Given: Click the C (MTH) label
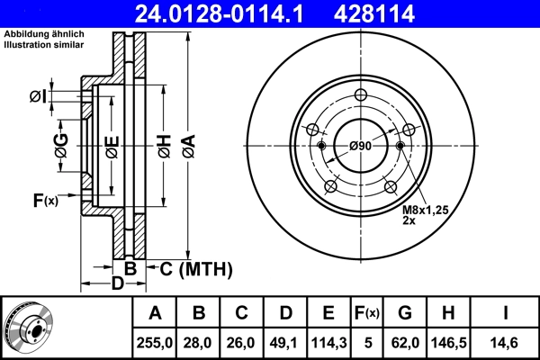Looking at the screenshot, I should point(194,268).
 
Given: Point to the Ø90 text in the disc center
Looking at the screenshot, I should point(361,146).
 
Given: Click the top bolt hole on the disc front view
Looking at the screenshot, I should point(361,97).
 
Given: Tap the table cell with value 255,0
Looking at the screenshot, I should point(155,342).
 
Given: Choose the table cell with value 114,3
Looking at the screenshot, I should point(328,342).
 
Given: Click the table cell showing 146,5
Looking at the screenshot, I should point(446,342).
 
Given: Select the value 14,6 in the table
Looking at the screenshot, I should point(506,342).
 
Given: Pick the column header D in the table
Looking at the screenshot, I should point(285,313).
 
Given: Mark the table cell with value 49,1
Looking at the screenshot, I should point(285,342).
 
